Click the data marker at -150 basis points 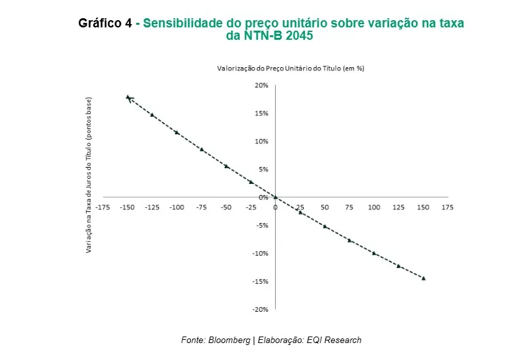click(x=128, y=97)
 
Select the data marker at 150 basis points click(x=424, y=278)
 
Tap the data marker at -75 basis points click(x=201, y=149)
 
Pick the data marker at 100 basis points click(x=374, y=253)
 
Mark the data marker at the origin click(x=275, y=197)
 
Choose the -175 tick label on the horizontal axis click(x=102, y=207)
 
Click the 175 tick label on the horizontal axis click(x=447, y=207)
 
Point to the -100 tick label click(x=177, y=207)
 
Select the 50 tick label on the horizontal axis click(x=325, y=207)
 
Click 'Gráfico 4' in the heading click(x=105, y=23)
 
